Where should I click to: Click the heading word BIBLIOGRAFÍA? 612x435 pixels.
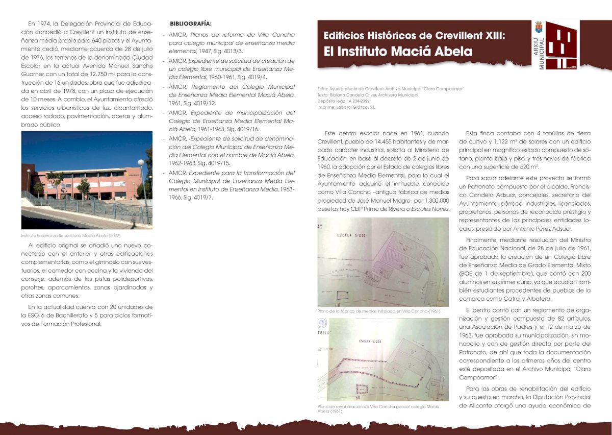pyautogui.click(x=191, y=23)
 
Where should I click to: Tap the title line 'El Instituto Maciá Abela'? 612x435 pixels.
pyautogui.click(x=398, y=52)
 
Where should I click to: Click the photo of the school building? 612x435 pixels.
pyautogui.click(x=87, y=180)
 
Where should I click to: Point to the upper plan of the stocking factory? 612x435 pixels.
pyautogui.click(x=383, y=262)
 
